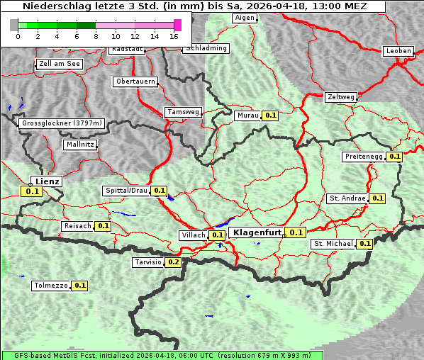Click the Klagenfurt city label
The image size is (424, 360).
click(258, 232)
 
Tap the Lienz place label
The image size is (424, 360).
click(48, 181)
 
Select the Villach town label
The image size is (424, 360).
click(194, 235)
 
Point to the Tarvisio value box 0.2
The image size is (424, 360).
click(173, 262)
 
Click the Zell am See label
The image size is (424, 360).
click(60, 64)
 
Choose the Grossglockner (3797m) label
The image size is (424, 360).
click(62, 123)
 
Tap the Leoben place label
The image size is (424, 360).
click(398, 51)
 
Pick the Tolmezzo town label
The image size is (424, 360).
click(50, 286)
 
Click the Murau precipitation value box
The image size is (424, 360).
click(269, 115)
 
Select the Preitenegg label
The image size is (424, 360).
click(364, 157)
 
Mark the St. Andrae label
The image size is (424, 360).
click(347, 198)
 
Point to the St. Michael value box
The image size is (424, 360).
click(364, 244)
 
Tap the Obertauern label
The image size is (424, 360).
click(135, 81)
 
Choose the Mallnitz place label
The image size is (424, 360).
click(79, 145)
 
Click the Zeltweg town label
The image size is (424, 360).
click(341, 97)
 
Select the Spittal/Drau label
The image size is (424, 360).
click(126, 191)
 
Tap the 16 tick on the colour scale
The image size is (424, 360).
click(174, 35)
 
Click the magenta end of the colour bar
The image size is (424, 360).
click(177, 25)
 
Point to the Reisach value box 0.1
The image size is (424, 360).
click(104, 226)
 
